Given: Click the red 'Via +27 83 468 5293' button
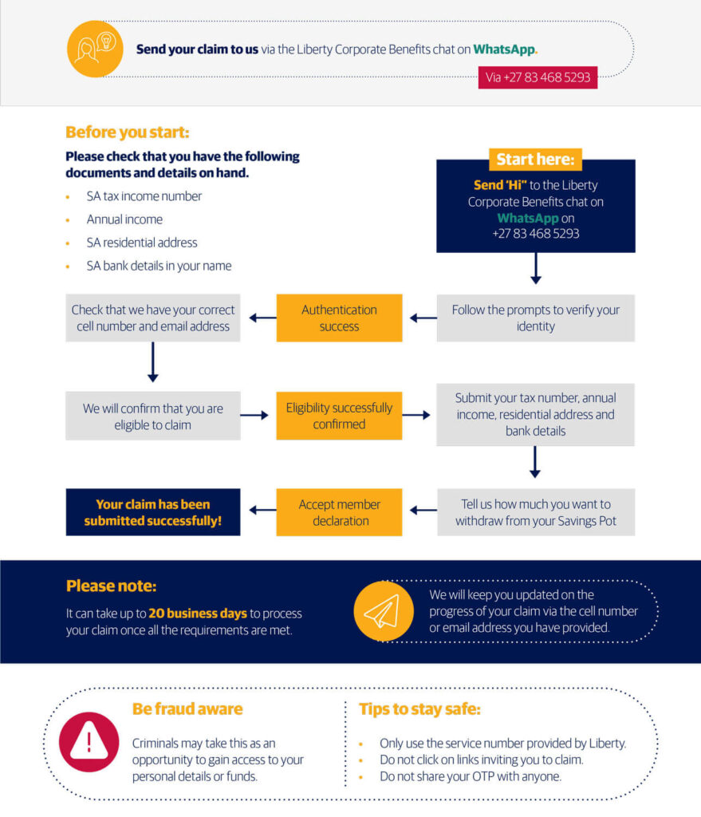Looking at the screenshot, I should (x=538, y=77).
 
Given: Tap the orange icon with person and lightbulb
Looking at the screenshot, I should (x=95, y=49).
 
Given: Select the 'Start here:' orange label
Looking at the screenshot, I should (x=535, y=160).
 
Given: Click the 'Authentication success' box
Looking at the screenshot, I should (x=339, y=318).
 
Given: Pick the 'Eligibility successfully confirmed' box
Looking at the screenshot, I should (x=339, y=416).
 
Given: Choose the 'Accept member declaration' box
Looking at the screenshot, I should (x=339, y=512).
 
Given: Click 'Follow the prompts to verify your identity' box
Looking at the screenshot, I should (x=535, y=318).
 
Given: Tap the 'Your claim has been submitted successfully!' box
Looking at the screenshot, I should (x=153, y=512).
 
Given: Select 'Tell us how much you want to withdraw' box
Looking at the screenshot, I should (x=535, y=512).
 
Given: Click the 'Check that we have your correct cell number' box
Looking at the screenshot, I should (x=153, y=318).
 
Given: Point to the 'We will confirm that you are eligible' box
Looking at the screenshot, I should (x=153, y=416).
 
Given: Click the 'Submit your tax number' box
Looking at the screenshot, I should (x=535, y=414).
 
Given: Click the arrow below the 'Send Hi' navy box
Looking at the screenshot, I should (x=535, y=269).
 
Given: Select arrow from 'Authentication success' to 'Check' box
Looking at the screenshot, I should (x=262, y=318).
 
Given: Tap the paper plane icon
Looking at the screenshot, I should (x=383, y=610).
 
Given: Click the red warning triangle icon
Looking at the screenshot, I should (x=89, y=742).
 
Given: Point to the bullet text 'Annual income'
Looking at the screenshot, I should (x=124, y=219).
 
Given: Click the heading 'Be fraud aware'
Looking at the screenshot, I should (x=187, y=708).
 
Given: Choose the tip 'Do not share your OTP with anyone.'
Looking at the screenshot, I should (x=471, y=776).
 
